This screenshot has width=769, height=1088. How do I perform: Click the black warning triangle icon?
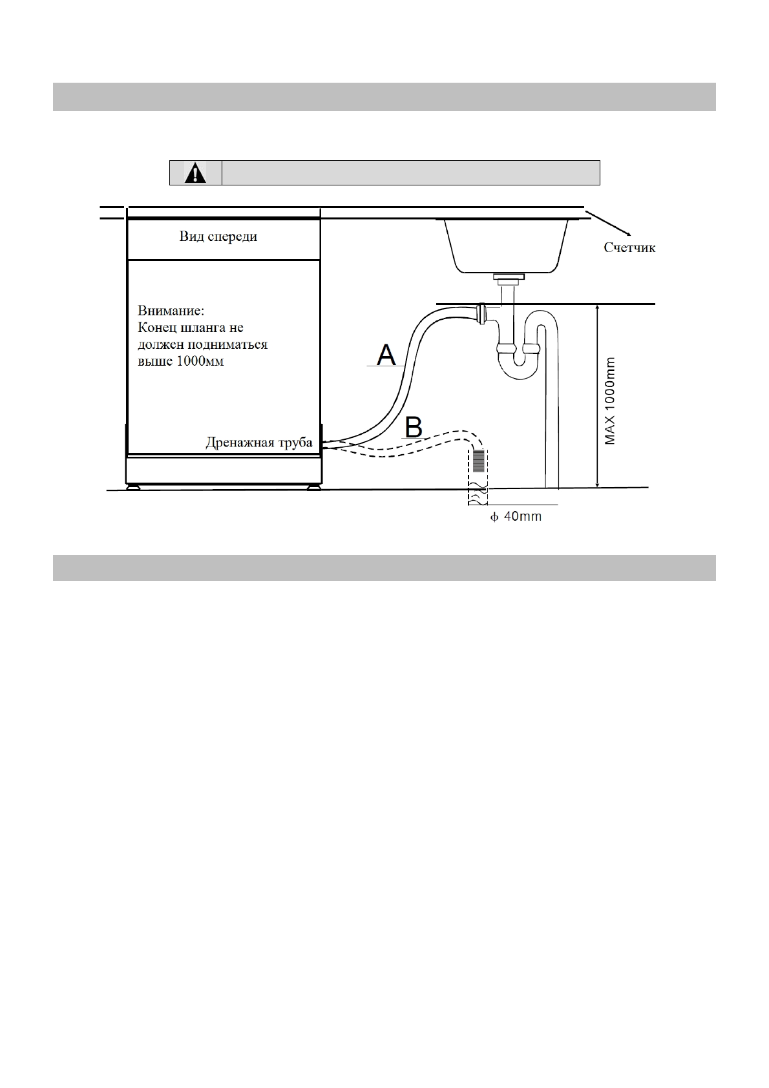pos(195,173)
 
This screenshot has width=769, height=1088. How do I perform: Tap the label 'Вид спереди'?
pos(218,237)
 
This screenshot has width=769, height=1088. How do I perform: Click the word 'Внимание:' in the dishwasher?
pos(171,310)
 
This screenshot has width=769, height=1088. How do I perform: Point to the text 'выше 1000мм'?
pos(181,361)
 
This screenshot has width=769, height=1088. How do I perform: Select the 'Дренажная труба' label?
pos(258,443)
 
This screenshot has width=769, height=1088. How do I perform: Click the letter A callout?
pos(386,355)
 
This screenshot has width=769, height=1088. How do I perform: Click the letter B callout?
pos(414,427)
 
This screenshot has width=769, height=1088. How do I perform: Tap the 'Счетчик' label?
pos(629,247)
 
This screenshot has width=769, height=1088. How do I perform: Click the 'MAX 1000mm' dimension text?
pos(610,401)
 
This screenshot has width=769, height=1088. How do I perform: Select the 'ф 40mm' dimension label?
pos(515,517)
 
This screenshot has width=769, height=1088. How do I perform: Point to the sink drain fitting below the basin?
pos(509,279)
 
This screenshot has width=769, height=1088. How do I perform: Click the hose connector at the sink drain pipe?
pos(479,313)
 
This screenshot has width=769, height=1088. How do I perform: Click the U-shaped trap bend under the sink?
pos(517,368)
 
